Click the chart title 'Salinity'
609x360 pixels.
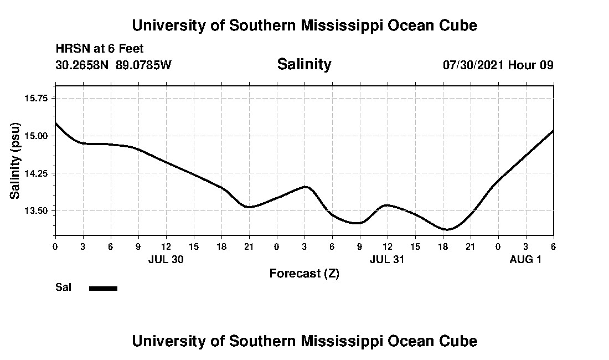point(304,64)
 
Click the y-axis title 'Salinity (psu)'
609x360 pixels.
point(15,160)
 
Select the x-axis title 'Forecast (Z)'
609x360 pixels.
point(304,274)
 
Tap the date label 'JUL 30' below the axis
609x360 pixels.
point(166,259)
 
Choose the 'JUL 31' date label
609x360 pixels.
point(387,259)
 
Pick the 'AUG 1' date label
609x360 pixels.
point(525,259)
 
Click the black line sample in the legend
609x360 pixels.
point(103,288)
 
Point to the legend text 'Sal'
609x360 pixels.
point(63,287)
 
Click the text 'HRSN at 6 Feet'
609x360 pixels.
point(100,49)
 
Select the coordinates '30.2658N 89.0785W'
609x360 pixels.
point(113,65)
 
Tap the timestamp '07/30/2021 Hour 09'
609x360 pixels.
point(498,65)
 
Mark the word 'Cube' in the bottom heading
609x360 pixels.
point(461,341)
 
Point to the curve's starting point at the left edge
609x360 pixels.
point(56,123)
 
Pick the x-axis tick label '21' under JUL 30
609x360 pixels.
point(249,246)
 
